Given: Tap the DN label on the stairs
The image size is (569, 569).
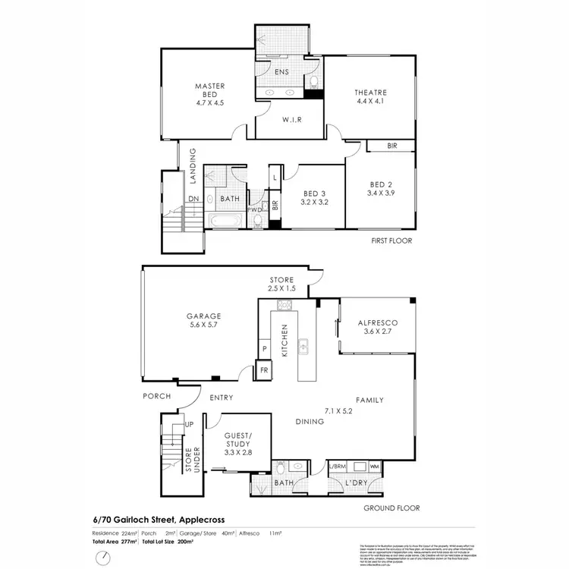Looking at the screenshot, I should click(x=193, y=200).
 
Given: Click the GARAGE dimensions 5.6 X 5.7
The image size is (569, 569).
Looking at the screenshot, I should click(x=204, y=326).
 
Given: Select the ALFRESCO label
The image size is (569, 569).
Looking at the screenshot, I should click(x=377, y=322).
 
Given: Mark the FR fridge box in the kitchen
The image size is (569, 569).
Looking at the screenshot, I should click(x=264, y=369).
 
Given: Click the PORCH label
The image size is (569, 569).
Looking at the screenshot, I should click(x=157, y=396).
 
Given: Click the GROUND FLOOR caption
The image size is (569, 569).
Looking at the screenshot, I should click(x=391, y=508).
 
